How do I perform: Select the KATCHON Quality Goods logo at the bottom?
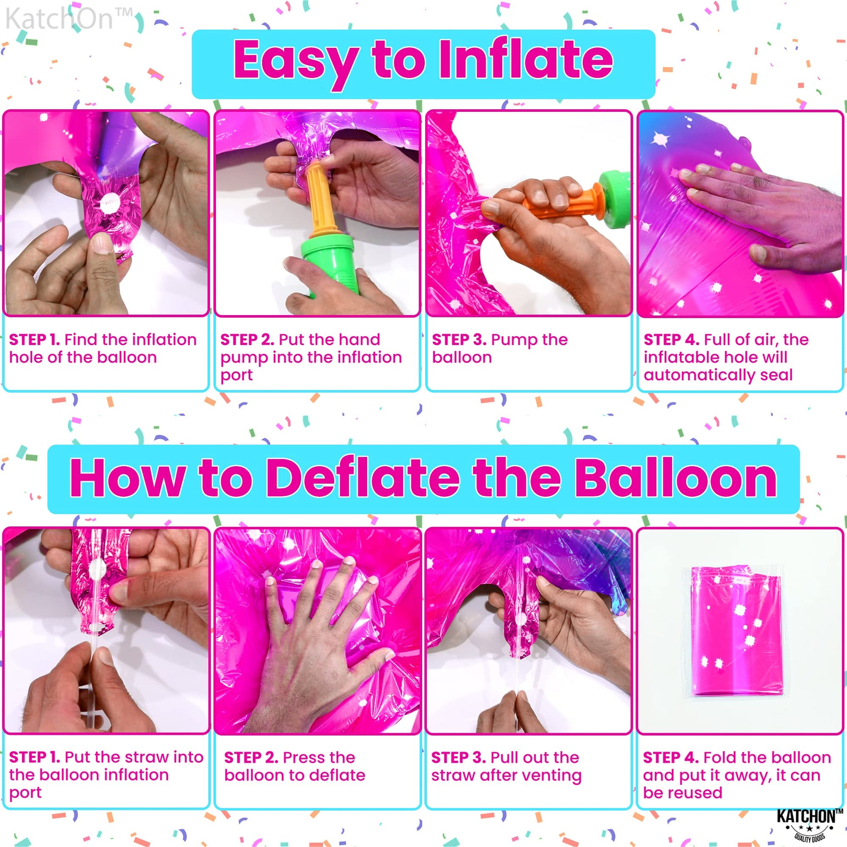point(808,824)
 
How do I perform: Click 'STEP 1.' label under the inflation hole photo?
point(35,340)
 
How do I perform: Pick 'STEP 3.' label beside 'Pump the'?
point(459,340)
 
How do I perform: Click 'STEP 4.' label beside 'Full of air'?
point(671,340)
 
